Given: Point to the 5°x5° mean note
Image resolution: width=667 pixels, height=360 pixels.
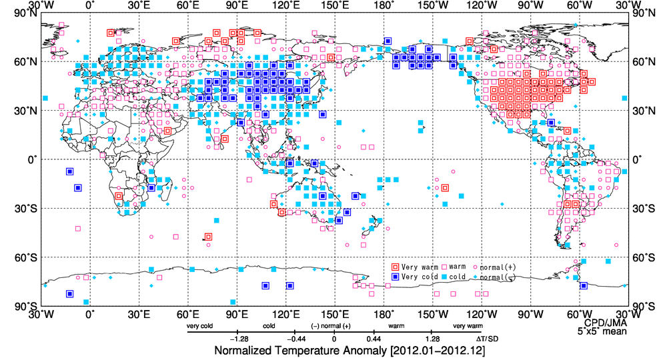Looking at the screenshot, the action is click(x=602, y=331).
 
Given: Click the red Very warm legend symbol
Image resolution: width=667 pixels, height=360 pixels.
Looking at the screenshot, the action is click(x=395, y=267).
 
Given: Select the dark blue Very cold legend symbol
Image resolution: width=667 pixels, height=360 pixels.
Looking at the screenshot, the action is click(x=395, y=277).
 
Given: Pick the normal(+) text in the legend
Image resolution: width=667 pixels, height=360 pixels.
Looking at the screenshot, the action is click(x=498, y=267).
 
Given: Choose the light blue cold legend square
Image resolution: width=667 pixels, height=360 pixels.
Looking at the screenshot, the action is click(x=444, y=277).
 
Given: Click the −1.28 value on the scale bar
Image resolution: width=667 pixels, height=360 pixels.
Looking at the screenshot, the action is click(x=239, y=339).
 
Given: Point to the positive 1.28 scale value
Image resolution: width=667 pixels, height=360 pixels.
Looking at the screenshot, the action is click(x=432, y=339).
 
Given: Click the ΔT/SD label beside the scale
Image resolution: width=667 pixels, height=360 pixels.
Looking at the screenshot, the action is click(x=488, y=339).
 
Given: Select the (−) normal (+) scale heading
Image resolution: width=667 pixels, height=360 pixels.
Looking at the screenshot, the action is click(x=331, y=326).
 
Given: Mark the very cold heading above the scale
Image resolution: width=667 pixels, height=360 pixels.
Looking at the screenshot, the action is click(x=199, y=326).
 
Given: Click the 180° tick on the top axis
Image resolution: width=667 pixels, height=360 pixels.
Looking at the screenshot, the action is click(x=384, y=5).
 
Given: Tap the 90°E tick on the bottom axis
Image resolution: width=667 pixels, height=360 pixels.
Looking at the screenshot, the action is click(x=237, y=315).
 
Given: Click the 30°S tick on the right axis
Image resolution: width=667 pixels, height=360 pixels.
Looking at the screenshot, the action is click(x=643, y=209).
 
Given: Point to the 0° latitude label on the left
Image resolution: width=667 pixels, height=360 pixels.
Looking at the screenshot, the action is click(x=32, y=160).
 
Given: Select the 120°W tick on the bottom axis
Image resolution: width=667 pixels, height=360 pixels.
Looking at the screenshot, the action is click(x=482, y=315).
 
